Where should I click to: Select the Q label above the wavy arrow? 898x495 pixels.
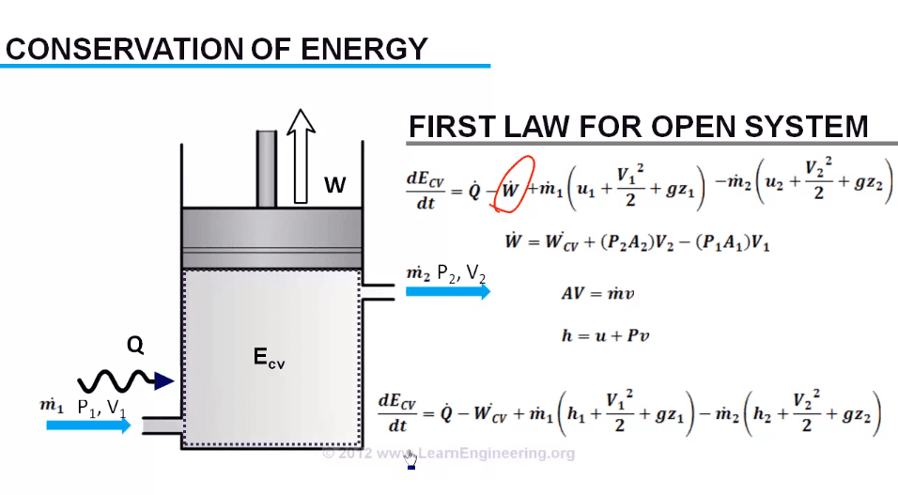click(x=136, y=347)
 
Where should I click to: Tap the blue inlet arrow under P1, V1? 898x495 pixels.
click(x=88, y=425)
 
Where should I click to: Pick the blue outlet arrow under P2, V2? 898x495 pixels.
click(x=447, y=291)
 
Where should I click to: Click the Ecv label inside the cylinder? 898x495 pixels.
click(x=268, y=357)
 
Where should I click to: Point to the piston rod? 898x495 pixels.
click(x=266, y=169)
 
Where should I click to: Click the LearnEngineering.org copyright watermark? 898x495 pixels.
click(x=447, y=454)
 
